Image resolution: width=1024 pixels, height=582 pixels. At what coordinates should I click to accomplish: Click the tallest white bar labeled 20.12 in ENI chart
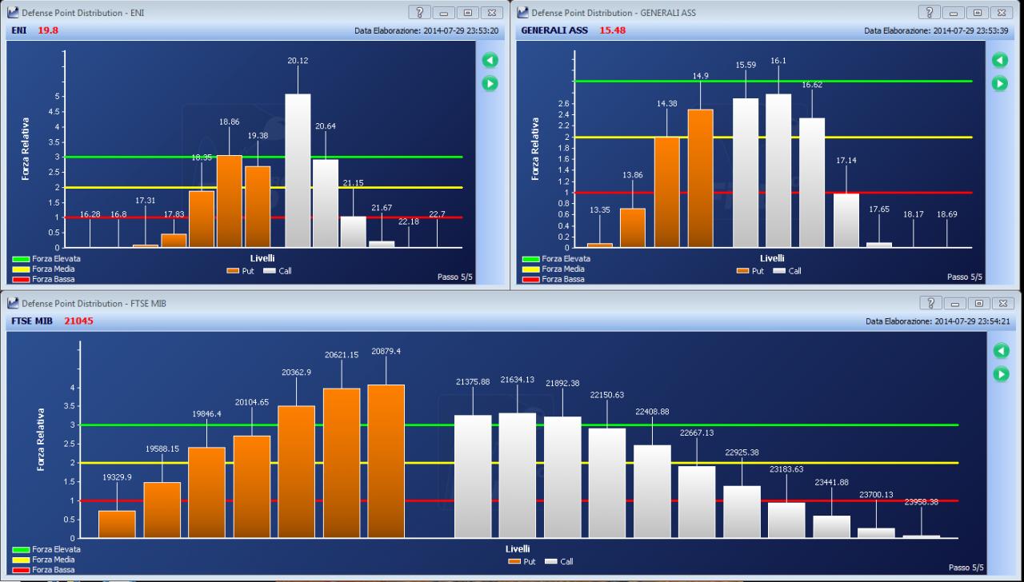point(298,170)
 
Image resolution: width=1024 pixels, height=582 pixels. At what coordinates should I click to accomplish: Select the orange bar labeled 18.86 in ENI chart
point(229,201)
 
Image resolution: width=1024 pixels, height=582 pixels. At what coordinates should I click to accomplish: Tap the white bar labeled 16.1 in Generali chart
point(778,170)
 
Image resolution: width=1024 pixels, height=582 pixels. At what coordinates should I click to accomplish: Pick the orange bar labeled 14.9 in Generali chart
point(700,178)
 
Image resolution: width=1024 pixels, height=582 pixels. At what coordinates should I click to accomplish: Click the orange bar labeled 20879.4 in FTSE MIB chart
point(386,461)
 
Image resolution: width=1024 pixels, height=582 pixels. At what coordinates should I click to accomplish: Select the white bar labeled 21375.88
point(473,476)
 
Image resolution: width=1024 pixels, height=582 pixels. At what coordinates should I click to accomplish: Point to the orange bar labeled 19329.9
point(117,524)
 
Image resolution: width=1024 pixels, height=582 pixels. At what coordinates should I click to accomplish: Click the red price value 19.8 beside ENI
point(47,30)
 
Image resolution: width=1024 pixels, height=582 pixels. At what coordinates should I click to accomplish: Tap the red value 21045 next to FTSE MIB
point(78,321)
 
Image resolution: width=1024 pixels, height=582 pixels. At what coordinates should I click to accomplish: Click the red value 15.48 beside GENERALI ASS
point(612,30)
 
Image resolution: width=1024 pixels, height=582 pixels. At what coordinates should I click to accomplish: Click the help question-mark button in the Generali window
point(929,12)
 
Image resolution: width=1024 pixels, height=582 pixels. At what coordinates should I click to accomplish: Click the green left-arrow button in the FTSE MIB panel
point(1001,350)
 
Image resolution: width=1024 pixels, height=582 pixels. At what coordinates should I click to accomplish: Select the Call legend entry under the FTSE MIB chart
point(559,561)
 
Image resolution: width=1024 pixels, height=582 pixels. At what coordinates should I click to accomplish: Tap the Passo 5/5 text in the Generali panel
point(965,277)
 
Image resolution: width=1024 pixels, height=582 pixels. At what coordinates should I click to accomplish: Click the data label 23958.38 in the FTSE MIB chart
point(921,502)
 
